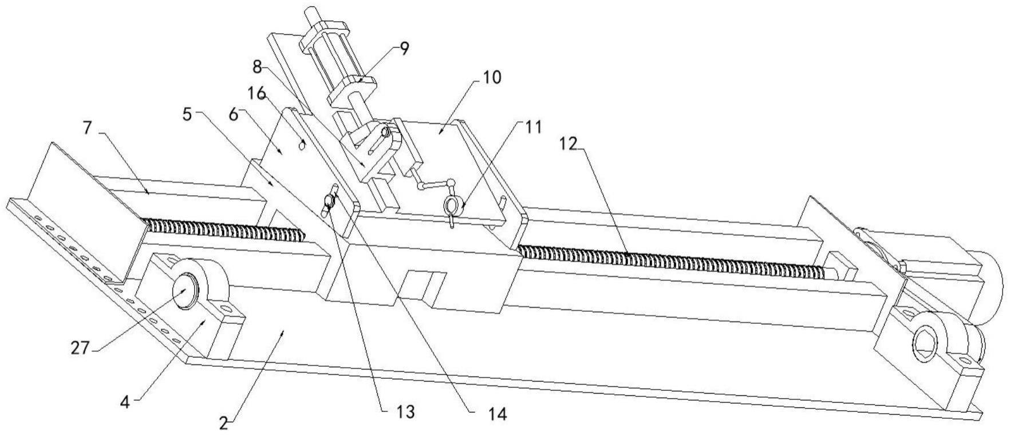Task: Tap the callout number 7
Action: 87,127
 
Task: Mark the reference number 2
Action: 225,423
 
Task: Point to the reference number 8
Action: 257,66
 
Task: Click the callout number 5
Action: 187,114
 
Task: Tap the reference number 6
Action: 232,114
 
